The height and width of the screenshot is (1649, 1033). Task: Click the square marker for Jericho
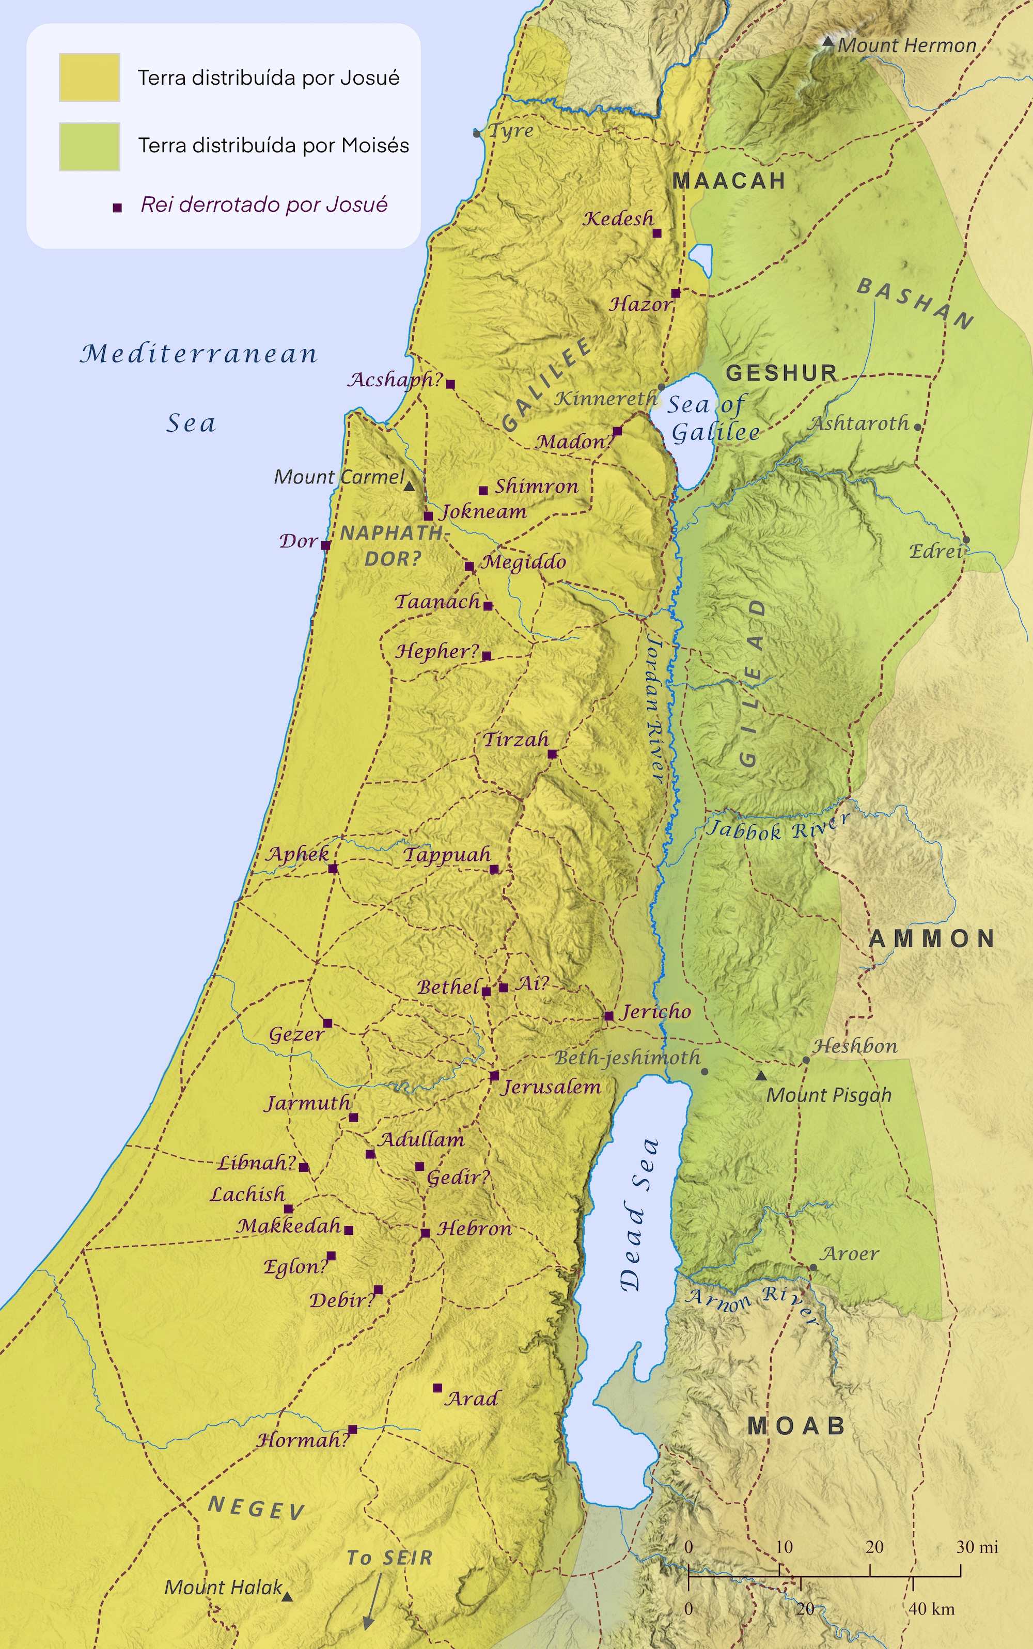(608, 1016)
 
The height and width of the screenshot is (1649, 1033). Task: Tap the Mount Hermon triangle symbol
(827, 42)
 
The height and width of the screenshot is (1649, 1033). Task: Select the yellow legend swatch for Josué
(89, 77)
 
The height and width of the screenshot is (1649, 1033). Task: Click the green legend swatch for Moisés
(89, 146)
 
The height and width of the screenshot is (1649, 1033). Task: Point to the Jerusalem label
(551, 1087)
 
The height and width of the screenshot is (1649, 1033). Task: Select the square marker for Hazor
(676, 293)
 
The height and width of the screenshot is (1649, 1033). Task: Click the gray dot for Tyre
(477, 133)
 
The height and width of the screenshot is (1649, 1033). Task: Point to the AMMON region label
(932, 938)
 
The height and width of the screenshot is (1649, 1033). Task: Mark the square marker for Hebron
(425, 1233)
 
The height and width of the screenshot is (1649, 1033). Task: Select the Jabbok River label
(777, 828)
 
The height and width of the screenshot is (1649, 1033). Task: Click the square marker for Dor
(326, 545)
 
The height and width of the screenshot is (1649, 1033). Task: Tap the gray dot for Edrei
(966, 540)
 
